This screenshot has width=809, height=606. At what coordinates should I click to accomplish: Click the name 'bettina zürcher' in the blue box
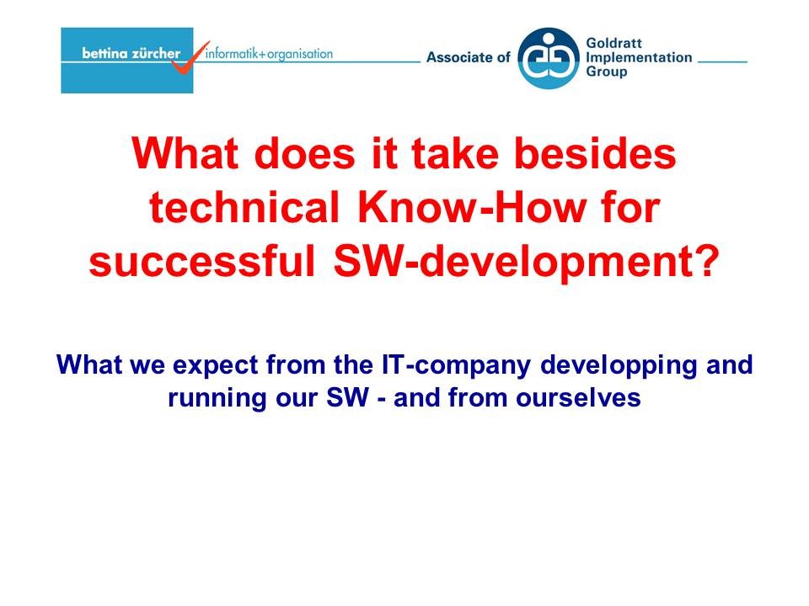pyautogui.click(x=131, y=53)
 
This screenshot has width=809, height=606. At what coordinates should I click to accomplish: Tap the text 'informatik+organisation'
pyautogui.click(x=270, y=54)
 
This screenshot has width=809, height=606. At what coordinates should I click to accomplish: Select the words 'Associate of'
pyautogui.click(x=469, y=57)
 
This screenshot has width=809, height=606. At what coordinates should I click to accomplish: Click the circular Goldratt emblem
pyautogui.click(x=549, y=58)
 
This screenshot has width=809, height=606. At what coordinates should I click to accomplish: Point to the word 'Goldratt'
pyautogui.click(x=614, y=43)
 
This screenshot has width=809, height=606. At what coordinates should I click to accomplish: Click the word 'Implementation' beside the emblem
pyautogui.click(x=639, y=57)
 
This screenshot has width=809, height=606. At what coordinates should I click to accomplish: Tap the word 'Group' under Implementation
pyautogui.click(x=606, y=72)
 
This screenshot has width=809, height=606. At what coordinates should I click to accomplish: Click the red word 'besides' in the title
pyautogui.click(x=596, y=153)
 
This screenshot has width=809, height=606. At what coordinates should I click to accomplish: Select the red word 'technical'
pyautogui.click(x=244, y=207)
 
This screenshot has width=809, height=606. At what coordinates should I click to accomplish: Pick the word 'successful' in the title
pyautogui.click(x=201, y=261)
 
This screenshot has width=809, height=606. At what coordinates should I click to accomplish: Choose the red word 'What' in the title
pyautogui.click(x=185, y=153)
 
